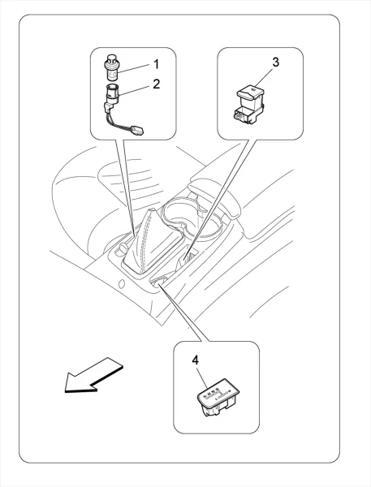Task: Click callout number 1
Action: [157, 64]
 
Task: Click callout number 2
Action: [157, 84]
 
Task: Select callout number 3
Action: [275, 62]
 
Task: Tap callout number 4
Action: [195, 360]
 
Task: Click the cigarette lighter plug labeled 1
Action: [111, 67]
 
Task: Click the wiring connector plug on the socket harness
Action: [137, 130]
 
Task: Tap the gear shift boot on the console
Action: [153, 241]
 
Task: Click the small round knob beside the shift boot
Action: [123, 248]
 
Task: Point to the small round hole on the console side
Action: [122, 283]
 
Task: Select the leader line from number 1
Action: [136, 69]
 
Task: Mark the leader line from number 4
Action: [201, 377]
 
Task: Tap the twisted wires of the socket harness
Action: [119, 123]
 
